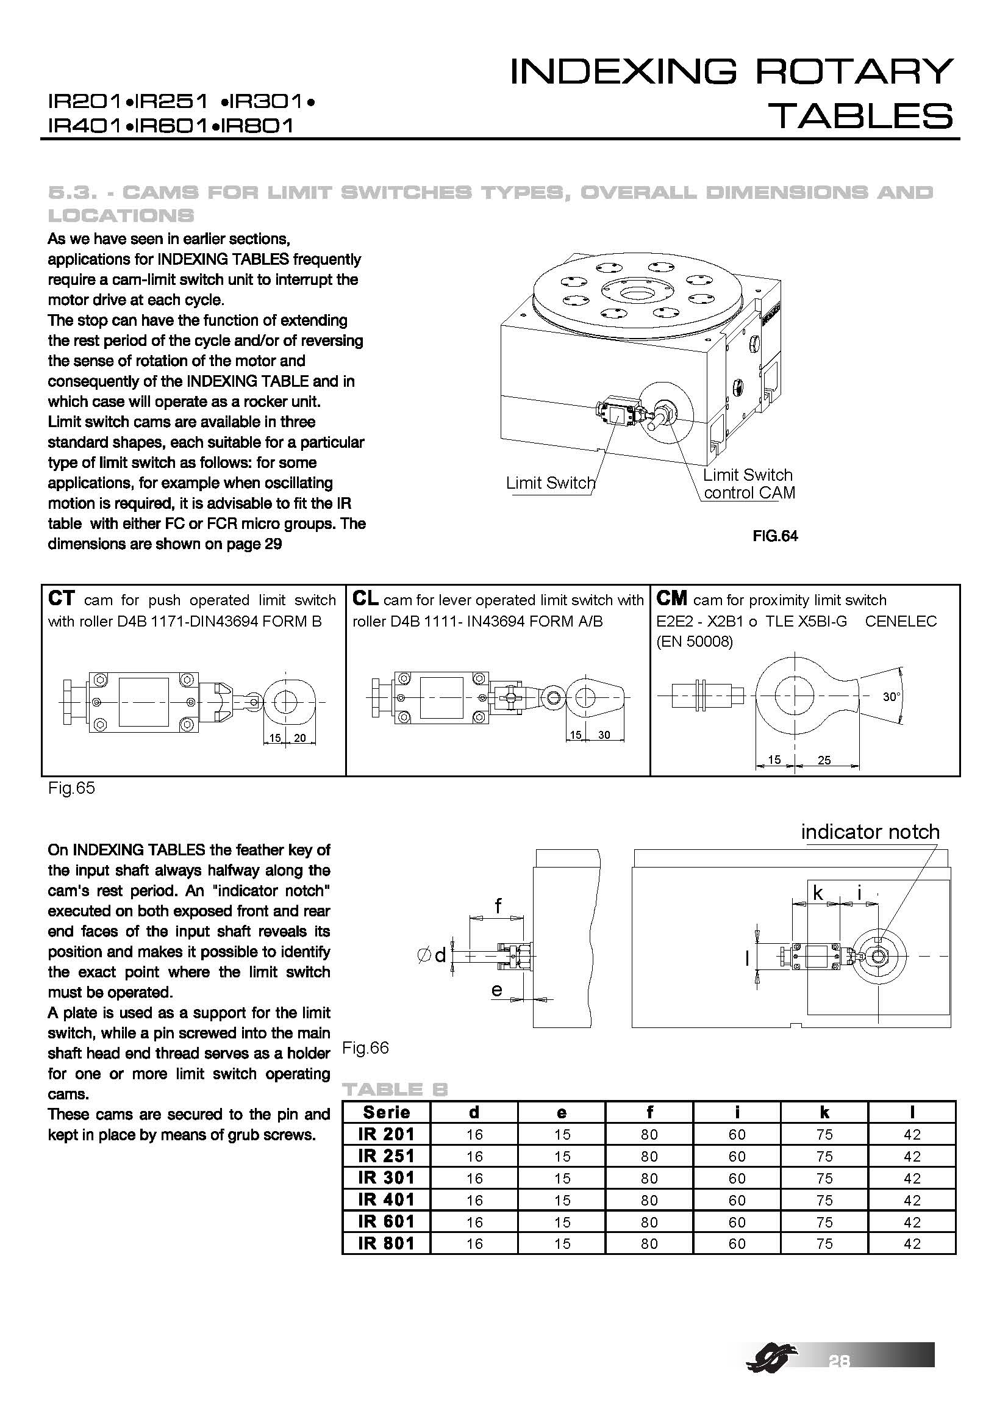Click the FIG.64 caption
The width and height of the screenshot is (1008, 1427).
click(774, 536)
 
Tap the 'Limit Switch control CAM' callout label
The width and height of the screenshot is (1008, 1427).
click(748, 484)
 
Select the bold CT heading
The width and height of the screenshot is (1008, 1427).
click(61, 598)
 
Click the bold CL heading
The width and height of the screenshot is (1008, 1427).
click(365, 598)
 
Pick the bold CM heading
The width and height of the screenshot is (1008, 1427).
click(671, 598)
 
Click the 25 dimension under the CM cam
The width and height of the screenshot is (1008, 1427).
click(824, 760)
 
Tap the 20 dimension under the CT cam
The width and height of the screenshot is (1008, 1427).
click(299, 738)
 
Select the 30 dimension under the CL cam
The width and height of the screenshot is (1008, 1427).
click(604, 735)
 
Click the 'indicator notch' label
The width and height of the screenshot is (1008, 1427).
click(870, 832)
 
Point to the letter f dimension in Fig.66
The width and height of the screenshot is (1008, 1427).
click(498, 905)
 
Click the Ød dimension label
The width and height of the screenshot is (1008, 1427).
click(432, 955)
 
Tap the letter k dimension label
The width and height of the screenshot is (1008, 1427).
click(818, 893)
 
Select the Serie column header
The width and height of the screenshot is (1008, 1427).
click(386, 1112)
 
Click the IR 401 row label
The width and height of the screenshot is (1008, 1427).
click(386, 1199)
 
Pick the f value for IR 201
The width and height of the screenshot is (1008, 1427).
click(649, 1134)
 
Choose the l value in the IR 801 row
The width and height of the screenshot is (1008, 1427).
click(912, 1243)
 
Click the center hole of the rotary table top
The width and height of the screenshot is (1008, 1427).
click(634, 293)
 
